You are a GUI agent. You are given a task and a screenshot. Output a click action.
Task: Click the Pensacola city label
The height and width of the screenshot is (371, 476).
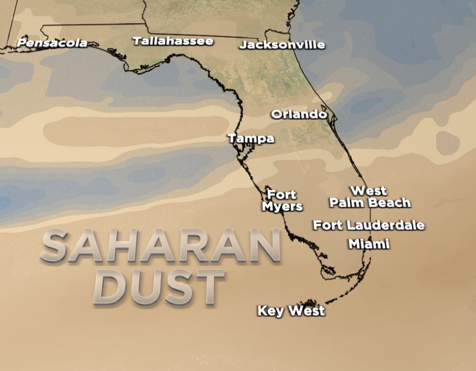click(52, 42)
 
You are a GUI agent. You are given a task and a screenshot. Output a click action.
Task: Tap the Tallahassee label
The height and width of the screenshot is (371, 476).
click(173, 41)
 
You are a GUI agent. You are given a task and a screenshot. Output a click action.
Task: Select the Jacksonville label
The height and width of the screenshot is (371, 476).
click(282, 45)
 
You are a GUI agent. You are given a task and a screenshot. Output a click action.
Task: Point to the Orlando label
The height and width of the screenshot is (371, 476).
click(299, 115)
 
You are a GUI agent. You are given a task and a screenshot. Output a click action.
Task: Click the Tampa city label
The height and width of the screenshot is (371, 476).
click(251, 139)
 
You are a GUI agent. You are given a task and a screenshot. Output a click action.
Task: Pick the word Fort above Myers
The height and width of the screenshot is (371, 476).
click(282, 195)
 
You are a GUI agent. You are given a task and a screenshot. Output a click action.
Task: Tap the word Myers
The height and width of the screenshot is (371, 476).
click(282, 206)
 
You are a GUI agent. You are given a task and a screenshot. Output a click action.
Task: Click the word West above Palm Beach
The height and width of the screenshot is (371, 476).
click(368, 191)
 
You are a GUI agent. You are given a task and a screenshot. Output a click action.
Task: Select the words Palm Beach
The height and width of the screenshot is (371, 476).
click(370, 203)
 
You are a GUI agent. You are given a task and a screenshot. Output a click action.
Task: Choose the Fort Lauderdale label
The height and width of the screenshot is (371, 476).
click(369, 225)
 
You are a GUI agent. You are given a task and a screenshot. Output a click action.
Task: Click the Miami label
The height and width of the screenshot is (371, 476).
click(368, 244)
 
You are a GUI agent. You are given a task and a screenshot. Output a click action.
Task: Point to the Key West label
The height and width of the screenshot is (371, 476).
click(291, 311)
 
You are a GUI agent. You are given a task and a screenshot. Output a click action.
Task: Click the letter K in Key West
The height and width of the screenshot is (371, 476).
click(262, 311)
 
